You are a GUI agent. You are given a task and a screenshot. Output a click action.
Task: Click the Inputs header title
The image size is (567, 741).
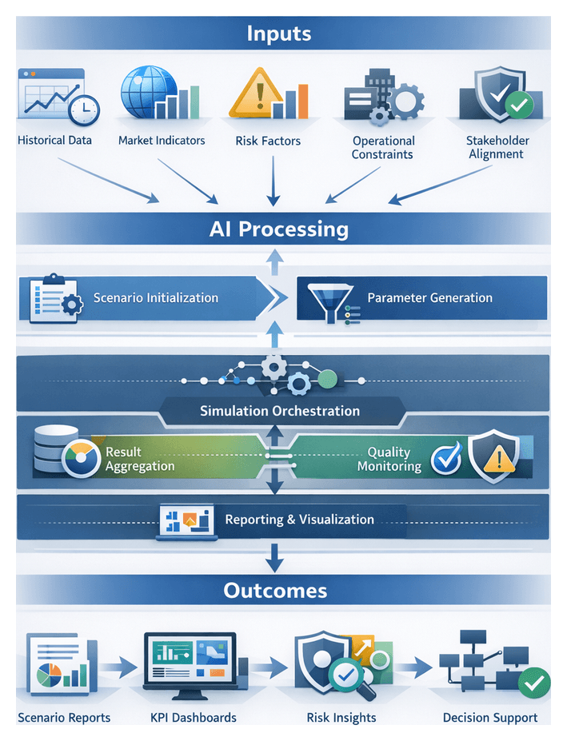(278, 34)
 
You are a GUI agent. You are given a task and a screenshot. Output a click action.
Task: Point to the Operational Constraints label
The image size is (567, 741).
(383, 147)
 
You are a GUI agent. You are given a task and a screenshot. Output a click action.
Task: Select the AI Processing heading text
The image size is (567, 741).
(279, 229)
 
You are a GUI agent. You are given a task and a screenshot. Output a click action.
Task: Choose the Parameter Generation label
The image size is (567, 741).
(429, 298)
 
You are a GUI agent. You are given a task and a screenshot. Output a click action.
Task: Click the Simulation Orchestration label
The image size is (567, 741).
(279, 411)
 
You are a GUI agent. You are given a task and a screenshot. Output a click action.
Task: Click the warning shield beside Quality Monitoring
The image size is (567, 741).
(491, 457)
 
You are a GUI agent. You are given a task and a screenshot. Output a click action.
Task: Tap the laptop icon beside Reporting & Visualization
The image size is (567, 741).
(186, 521)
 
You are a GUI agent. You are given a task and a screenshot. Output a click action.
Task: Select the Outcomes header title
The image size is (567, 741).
(274, 591)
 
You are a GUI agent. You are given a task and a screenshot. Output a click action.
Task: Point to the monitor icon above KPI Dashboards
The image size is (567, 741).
(190, 663)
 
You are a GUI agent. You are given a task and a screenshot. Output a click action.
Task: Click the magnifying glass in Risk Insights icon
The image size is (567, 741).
(349, 676)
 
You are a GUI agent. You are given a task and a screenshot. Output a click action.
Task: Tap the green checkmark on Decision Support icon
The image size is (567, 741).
(533, 682)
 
